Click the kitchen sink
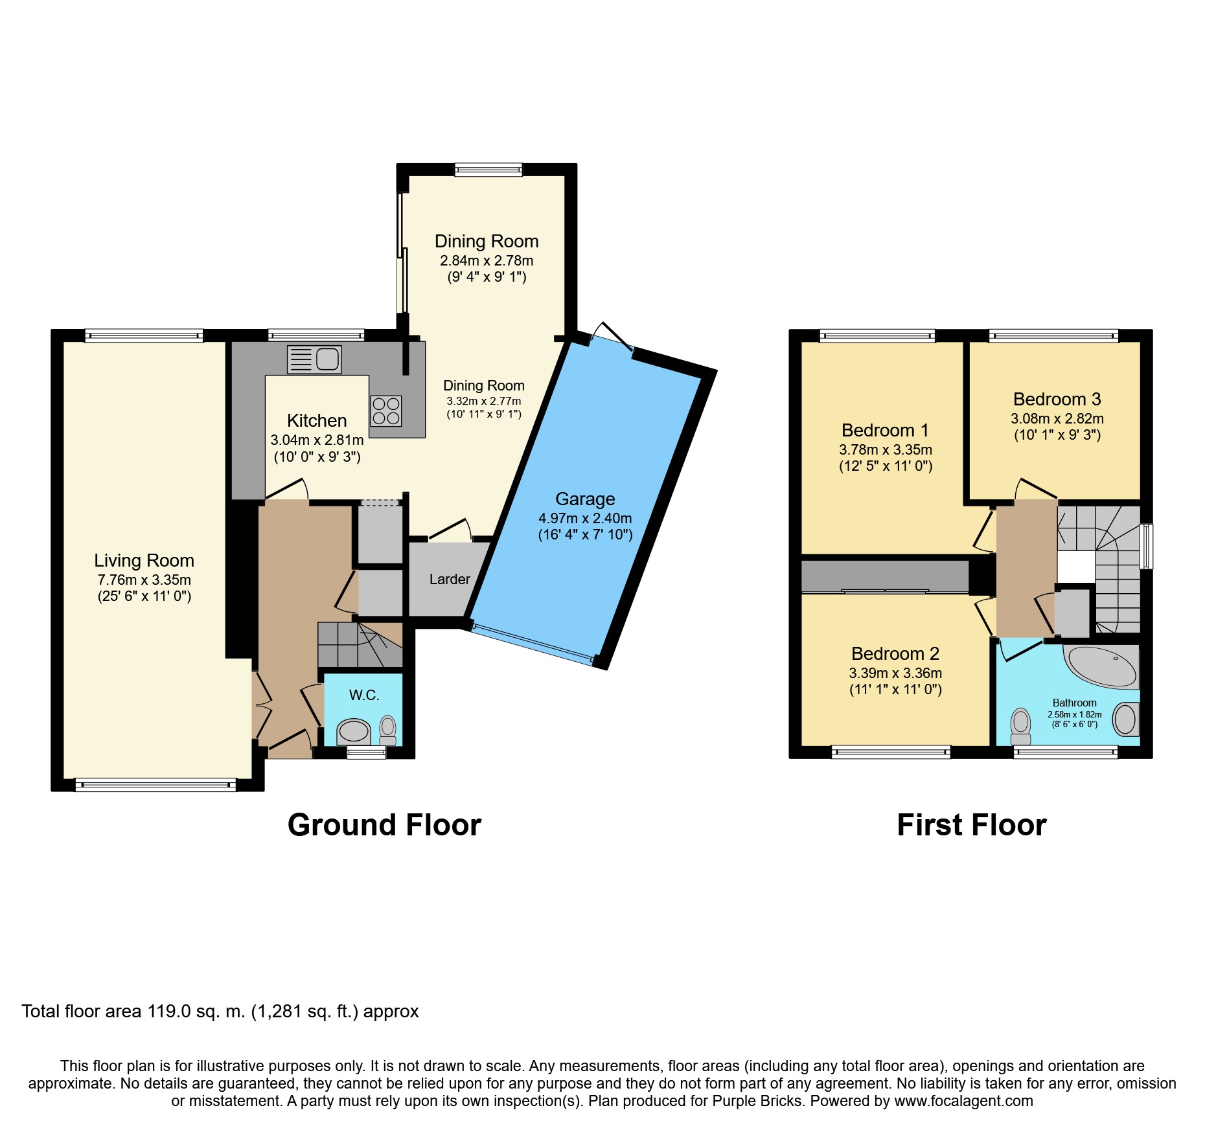(314, 359)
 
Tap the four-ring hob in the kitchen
(386, 411)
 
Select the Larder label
(450, 579)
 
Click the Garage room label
(585, 499)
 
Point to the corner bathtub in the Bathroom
(1102, 666)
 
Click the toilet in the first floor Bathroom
(1021, 727)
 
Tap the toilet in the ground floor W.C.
(387, 730)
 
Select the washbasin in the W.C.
(353, 732)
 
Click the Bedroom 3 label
(1057, 399)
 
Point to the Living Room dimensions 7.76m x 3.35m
(144, 580)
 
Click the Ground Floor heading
(384, 825)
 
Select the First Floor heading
(972, 825)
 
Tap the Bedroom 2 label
(895, 653)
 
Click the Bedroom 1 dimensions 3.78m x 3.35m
(886, 449)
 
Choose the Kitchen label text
(317, 420)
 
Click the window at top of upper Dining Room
(488, 170)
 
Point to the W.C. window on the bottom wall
(366, 752)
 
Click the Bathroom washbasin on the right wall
(1126, 719)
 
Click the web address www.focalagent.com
(964, 1101)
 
